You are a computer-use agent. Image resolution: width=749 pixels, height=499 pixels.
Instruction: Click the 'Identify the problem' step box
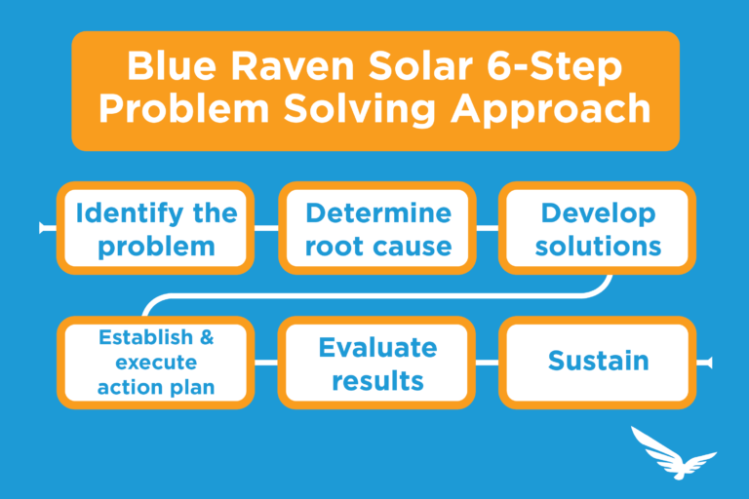156,228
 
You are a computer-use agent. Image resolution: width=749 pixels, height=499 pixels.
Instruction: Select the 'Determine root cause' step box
377,228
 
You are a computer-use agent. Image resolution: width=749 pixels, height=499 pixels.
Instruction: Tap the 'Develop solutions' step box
598,228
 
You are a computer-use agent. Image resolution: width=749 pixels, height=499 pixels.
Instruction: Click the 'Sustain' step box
598,362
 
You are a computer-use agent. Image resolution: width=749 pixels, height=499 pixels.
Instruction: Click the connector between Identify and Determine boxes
266,228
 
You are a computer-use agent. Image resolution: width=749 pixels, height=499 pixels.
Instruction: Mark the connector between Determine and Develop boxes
487,228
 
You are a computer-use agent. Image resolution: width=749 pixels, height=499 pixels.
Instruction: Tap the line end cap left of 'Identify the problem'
44,228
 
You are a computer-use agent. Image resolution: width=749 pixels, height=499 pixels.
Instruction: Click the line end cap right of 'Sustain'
709,363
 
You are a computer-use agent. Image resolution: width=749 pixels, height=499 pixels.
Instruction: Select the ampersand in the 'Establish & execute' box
206,339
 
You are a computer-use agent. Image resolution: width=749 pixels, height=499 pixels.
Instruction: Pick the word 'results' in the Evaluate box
377,380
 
